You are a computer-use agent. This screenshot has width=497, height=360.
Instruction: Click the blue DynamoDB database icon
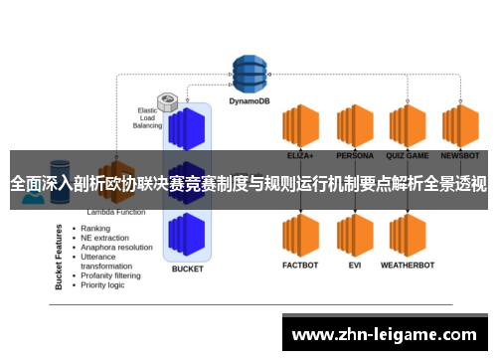250,72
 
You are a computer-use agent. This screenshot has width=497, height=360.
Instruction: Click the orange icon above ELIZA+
299,126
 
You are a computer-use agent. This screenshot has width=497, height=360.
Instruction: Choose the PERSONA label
354,156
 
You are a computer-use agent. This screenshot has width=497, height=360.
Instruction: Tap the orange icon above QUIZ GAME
408,126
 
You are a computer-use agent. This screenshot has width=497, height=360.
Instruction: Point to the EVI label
354,266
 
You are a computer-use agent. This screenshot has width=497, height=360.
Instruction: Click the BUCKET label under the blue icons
188,269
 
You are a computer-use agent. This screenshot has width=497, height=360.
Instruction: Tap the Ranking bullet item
95,229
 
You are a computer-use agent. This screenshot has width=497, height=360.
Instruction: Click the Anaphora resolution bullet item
117,248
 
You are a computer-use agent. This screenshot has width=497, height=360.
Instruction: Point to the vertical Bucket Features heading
60,257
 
